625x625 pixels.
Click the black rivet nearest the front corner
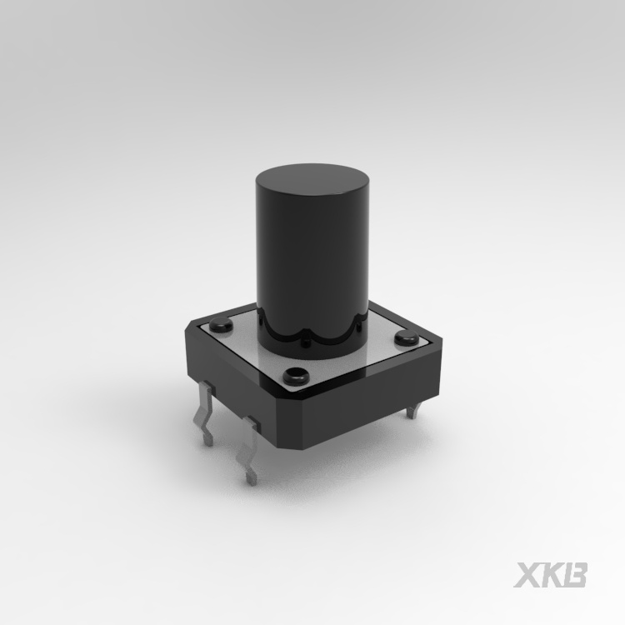coord(294,374)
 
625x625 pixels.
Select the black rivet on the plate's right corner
coord(406,337)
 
